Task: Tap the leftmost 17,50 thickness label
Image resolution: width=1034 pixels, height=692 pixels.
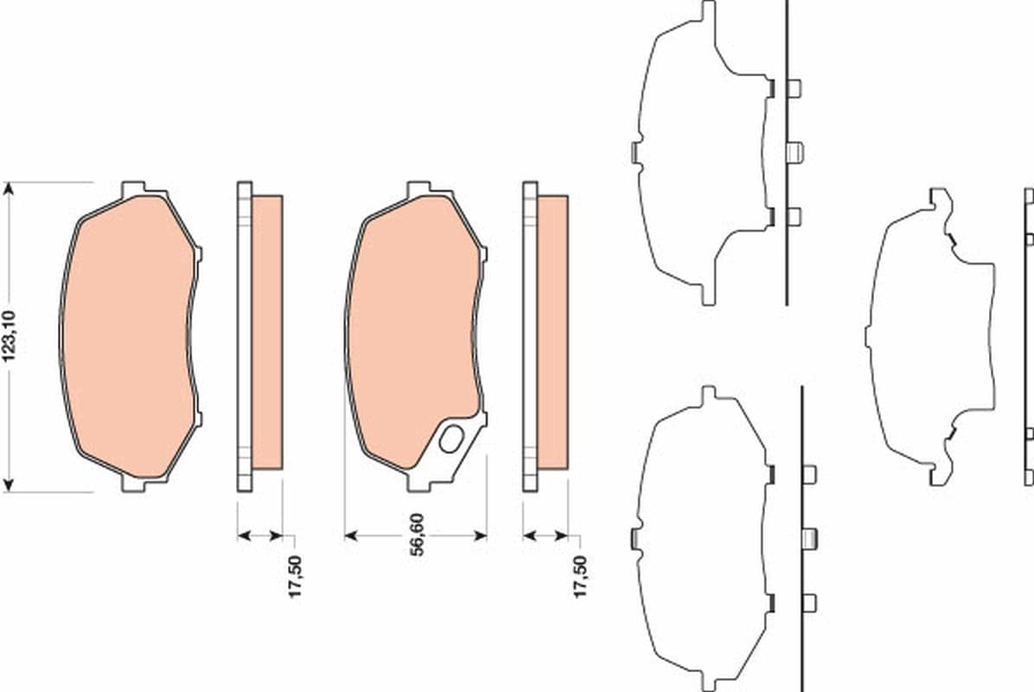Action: pyautogui.click(x=295, y=577)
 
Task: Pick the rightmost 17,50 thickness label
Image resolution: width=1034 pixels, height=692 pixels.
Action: pyautogui.click(x=581, y=577)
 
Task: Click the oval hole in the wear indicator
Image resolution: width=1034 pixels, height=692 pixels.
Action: pyautogui.click(x=451, y=439)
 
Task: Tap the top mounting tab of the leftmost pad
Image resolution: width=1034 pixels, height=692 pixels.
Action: pyautogui.click(x=133, y=188)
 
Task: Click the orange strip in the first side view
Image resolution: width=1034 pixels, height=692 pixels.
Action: pyautogui.click(x=266, y=332)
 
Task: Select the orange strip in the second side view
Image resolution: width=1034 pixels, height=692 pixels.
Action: pyautogui.click(x=552, y=332)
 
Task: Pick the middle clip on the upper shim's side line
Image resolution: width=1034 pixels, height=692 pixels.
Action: pyautogui.click(x=795, y=152)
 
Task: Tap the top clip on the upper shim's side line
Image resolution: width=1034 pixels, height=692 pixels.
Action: pyautogui.click(x=794, y=87)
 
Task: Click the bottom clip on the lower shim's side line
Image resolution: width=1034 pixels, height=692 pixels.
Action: pyautogui.click(x=809, y=603)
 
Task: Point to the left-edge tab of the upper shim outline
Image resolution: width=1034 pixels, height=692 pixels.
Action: pyautogui.click(x=635, y=152)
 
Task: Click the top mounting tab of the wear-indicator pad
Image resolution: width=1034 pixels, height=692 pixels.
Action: pyautogui.click(x=418, y=188)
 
